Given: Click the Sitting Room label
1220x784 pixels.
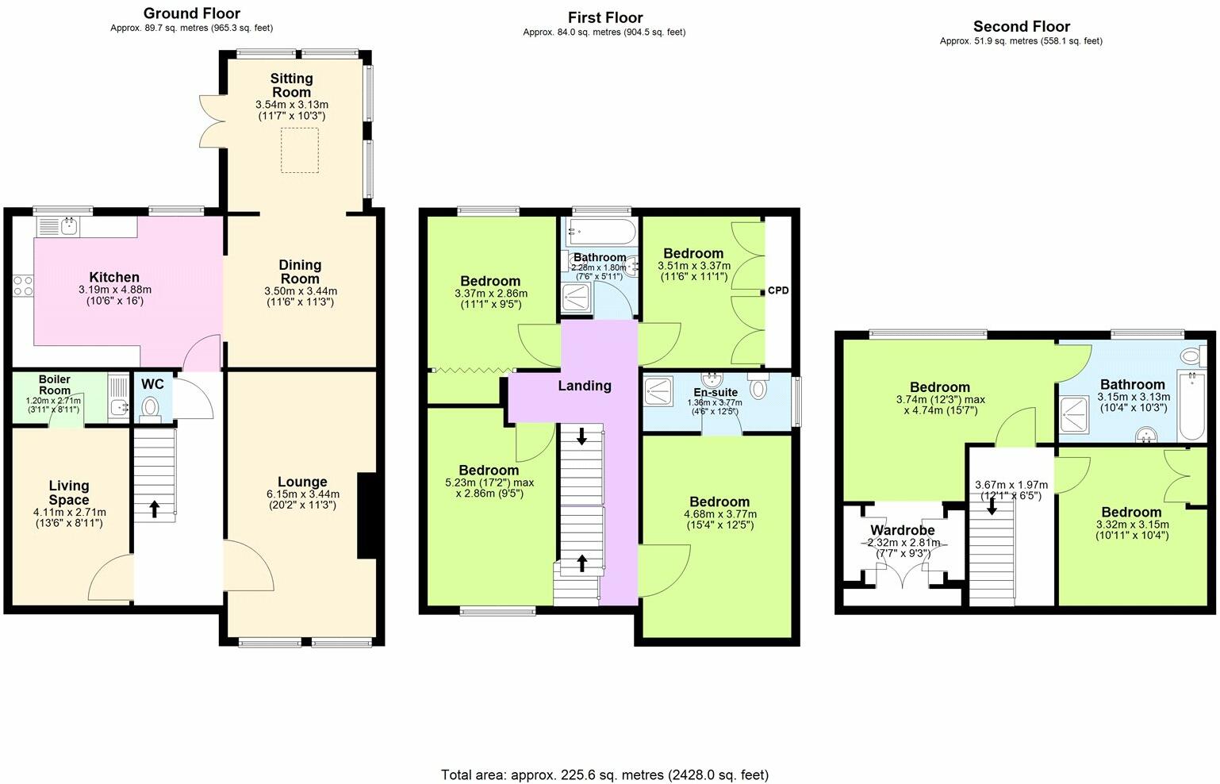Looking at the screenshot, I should (291, 85).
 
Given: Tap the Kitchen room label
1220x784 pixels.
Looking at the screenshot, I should (114, 277).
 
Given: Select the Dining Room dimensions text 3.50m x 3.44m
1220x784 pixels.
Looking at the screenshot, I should (300, 291).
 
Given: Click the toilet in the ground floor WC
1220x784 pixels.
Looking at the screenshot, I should (150, 408).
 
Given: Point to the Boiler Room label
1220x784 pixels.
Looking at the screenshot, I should (55, 385).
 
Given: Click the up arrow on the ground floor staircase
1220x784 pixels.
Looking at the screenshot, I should (154, 509).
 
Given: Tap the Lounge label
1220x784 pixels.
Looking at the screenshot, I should (302, 482).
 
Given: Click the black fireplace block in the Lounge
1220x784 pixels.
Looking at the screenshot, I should (366, 516).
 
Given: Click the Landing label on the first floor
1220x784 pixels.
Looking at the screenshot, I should (585, 386).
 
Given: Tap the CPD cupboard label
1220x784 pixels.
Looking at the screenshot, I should (778, 290).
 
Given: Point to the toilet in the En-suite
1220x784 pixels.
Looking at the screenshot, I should (758, 389).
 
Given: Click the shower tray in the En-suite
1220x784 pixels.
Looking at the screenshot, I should (658, 389).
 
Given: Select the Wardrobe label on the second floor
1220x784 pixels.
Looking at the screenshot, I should (903, 530).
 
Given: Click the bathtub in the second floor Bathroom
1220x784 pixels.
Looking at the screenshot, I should (1191, 405).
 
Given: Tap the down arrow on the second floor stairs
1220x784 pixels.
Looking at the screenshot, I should (992, 505).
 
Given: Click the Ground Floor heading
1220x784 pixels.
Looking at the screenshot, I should (192, 13).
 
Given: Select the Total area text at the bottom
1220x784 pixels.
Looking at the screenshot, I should (604, 774).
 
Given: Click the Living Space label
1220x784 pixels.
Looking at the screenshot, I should (69, 493).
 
